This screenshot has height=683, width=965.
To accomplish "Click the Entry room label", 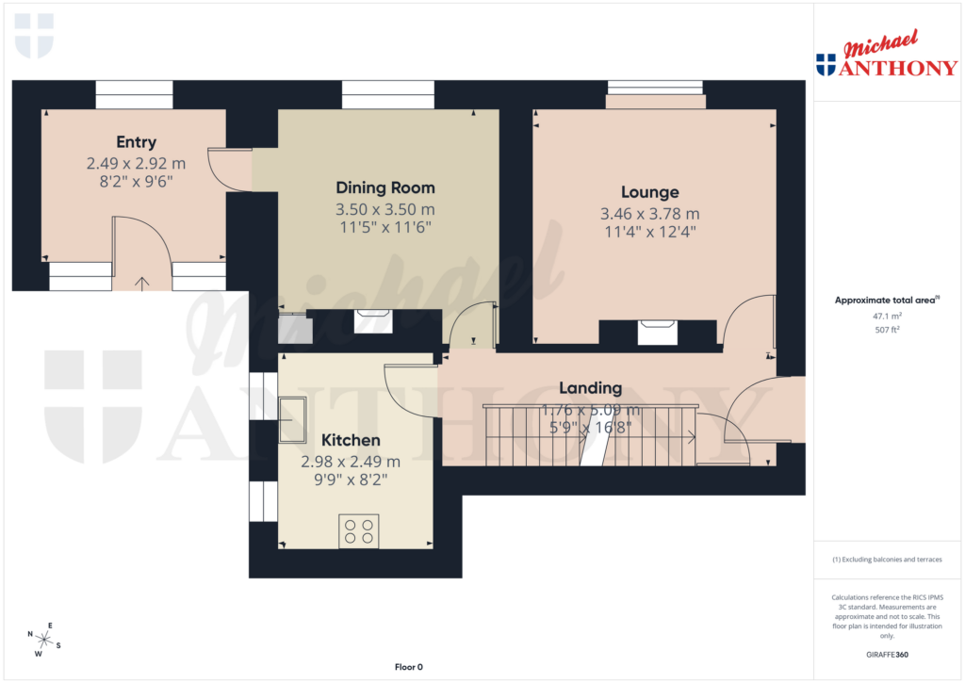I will [x=136, y=142].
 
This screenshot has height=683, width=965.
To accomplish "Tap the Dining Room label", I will [x=385, y=187].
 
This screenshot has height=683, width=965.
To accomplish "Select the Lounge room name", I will [x=649, y=193].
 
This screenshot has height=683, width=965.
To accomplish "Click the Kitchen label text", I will [x=351, y=440].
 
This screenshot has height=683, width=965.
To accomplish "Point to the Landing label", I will [x=590, y=387].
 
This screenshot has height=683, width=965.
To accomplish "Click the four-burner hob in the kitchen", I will [x=358, y=531].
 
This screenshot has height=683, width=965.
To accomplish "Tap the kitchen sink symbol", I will [x=292, y=419].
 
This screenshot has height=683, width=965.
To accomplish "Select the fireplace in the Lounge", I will [x=658, y=333].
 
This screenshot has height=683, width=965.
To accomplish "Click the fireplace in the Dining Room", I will [x=373, y=321].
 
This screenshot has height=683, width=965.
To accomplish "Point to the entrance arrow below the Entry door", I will [x=142, y=281].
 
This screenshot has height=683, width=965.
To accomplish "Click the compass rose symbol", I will [x=43, y=640].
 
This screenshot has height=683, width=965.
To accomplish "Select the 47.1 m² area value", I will [x=887, y=317].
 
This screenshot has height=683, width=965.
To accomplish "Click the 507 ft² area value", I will [x=887, y=331].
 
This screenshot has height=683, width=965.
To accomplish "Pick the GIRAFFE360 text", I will [x=887, y=655].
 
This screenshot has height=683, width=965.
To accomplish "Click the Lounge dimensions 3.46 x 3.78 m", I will [x=649, y=214].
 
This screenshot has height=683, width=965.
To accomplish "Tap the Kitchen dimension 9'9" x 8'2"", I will [x=351, y=479].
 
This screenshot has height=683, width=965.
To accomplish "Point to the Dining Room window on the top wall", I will [x=388, y=94].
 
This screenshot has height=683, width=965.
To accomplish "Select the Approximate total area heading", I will [x=886, y=301].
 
